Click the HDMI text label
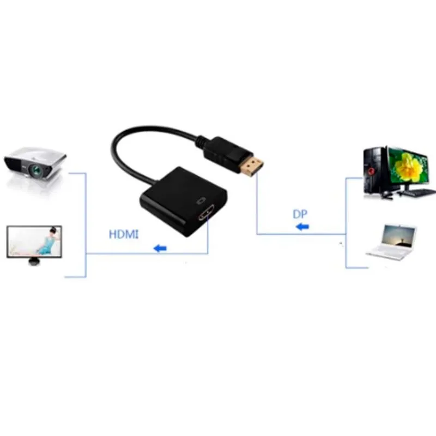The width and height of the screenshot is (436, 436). [124, 234]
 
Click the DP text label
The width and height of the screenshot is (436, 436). [300, 214]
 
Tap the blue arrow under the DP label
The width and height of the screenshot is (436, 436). [302, 227]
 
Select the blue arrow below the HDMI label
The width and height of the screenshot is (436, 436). [160, 248]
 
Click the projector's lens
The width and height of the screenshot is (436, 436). [38, 168]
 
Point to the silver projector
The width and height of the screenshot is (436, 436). [35, 164]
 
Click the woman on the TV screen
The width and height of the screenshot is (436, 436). [47, 241]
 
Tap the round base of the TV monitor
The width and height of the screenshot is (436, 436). [34, 262]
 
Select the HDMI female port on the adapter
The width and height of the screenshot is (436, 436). [207, 213]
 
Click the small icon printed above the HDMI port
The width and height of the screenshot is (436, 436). [201, 201]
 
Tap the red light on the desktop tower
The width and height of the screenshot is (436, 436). [371, 171]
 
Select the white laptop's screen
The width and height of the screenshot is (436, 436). [398, 237]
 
